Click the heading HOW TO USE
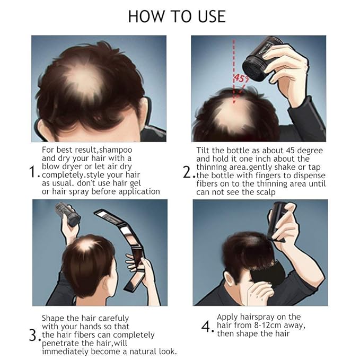click(177, 16)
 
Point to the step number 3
click(33, 336)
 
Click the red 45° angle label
click(241, 78)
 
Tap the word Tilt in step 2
click(203, 151)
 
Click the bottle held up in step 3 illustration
click(67, 214)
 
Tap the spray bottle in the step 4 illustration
click(277, 221)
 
